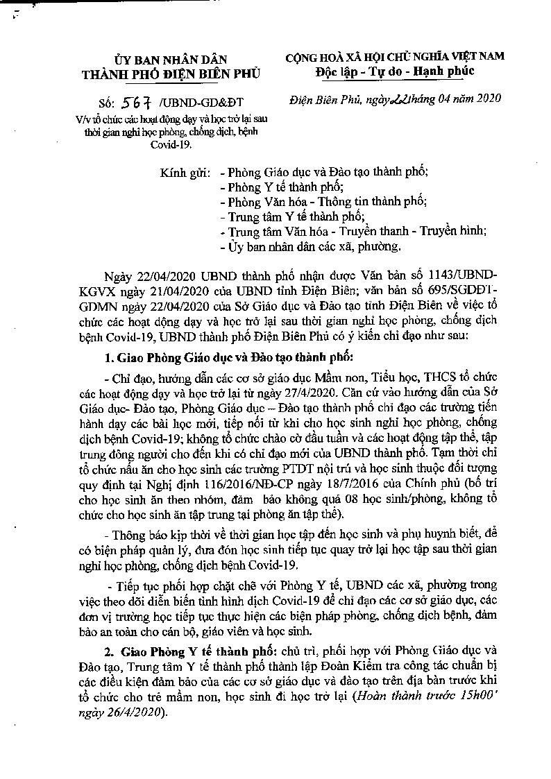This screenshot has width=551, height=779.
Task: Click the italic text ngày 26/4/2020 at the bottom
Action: tap(122, 712)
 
